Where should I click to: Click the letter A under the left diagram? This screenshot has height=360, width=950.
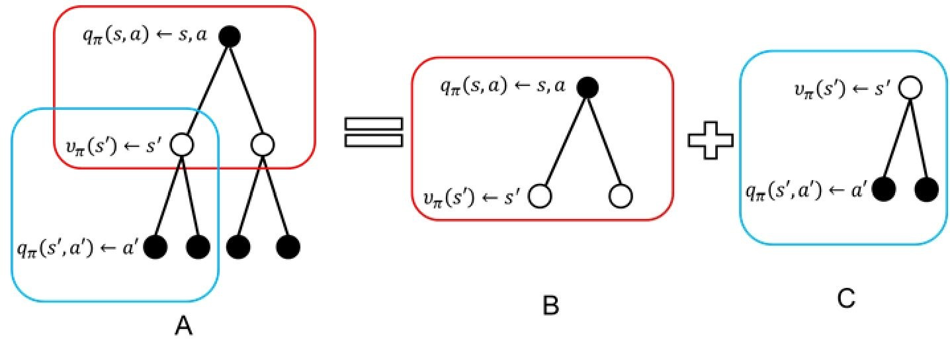pos(184,326)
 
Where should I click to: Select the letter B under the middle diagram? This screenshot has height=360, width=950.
pos(550,304)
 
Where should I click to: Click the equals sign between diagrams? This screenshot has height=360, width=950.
pos(374,132)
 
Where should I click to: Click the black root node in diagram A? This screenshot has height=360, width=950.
pos(229,37)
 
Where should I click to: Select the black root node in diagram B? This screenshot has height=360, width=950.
pos(587,86)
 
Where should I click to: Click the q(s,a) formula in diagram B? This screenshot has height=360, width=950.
pos(503,86)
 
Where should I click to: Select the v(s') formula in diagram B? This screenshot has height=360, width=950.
pos(474,196)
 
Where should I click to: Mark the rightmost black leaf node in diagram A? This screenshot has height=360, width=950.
pos(288,247)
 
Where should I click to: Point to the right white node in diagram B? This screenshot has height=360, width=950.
pos(621,196)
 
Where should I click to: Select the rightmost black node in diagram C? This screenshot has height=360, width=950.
pos(927,190)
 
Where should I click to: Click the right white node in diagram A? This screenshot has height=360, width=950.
pos(263,143)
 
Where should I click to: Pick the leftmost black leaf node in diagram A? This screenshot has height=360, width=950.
pos(155,247)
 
